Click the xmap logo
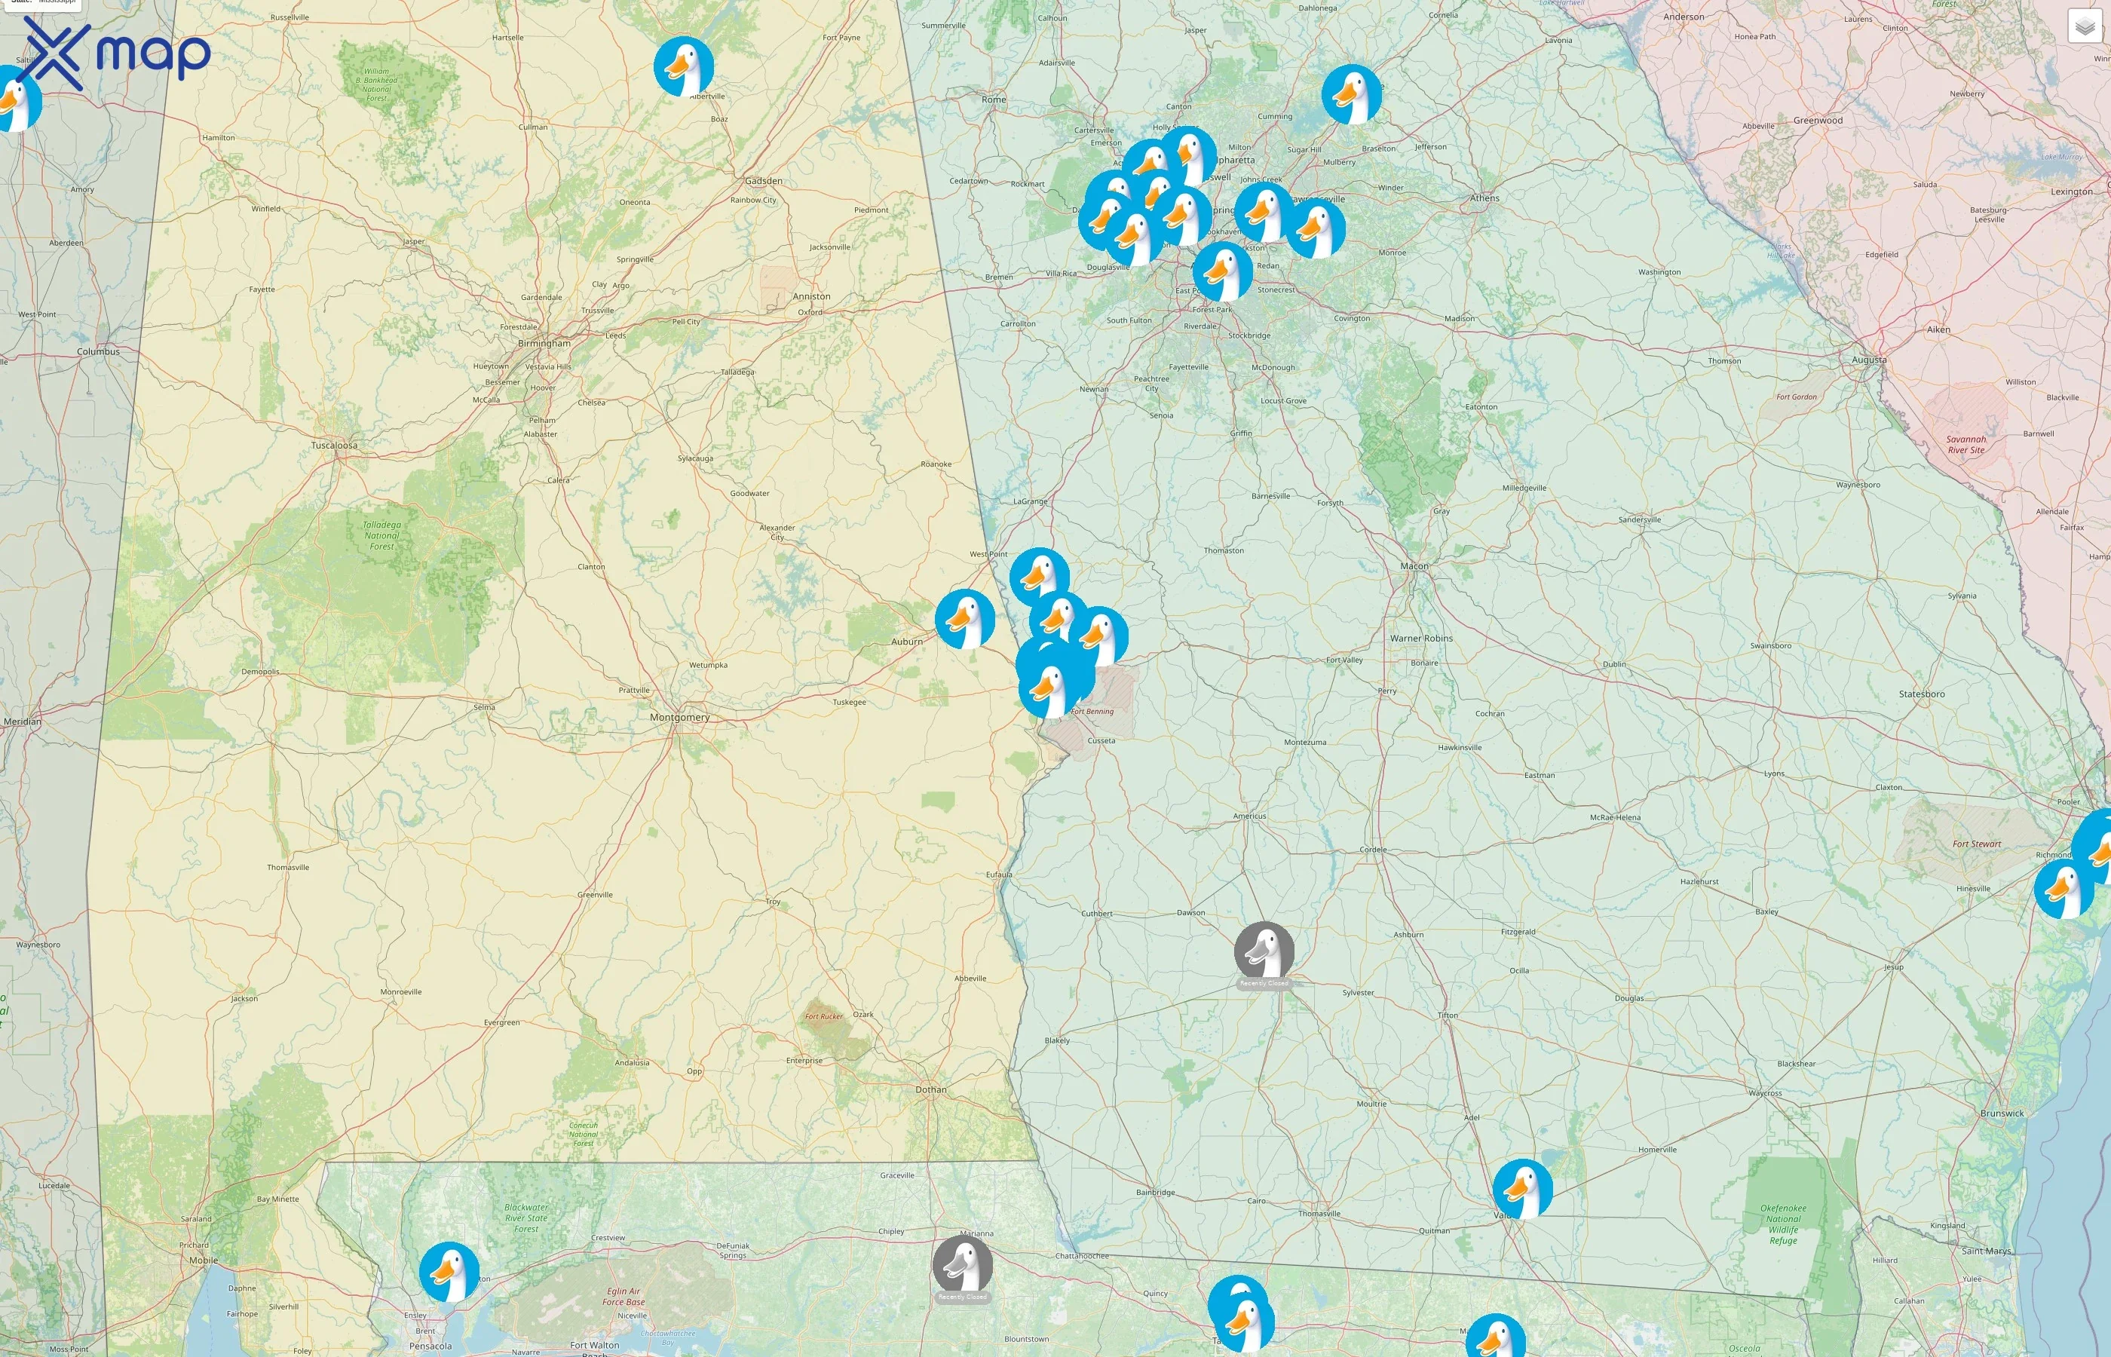coord(115,53)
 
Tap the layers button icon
coord(2084,26)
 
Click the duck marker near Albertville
coord(684,66)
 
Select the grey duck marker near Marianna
coord(962,1264)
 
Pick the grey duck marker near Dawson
coord(1264,951)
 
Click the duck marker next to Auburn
coord(965,619)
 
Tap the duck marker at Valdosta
coord(1522,1189)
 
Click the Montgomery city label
coord(679,717)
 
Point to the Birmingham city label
coord(544,343)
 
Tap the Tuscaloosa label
coord(334,445)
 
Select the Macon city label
coord(1414,565)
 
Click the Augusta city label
coord(1869,360)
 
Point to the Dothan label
coord(930,1089)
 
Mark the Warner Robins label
coord(1421,638)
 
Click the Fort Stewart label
coord(1976,844)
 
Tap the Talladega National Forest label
coord(381,535)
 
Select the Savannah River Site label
coord(1965,444)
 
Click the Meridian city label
coord(22,721)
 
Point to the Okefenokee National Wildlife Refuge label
coord(1782,1224)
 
